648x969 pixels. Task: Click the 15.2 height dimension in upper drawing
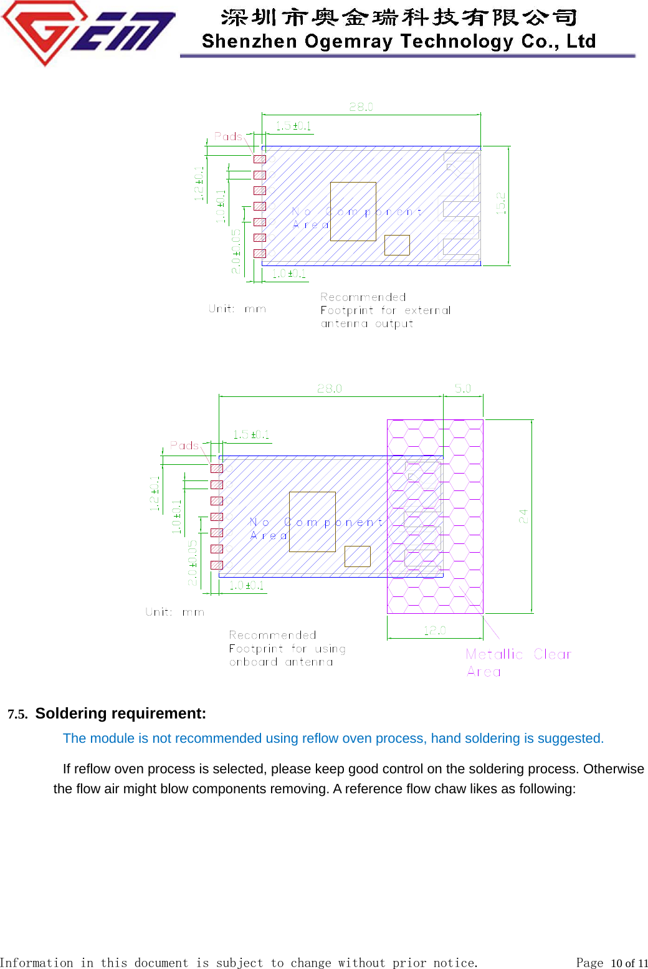(500, 203)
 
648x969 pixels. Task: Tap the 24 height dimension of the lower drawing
(523, 516)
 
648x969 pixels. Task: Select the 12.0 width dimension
(435, 631)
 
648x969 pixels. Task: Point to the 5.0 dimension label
(463, 388)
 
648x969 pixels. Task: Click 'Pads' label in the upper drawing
(228, 136)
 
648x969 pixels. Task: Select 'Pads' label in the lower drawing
(184, 446)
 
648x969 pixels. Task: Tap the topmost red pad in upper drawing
(260, 159)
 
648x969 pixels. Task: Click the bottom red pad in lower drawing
(216, 565)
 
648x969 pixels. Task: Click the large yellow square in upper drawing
(353, 211)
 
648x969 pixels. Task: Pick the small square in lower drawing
(358, 556)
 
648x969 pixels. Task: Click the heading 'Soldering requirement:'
(120, 714)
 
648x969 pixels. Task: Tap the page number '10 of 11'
(629, 963)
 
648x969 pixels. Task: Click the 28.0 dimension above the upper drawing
(361, 107)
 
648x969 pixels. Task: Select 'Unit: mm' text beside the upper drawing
(237, 308)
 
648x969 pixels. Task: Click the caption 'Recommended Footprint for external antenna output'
(385, 310)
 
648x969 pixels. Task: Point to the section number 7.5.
(17, 714)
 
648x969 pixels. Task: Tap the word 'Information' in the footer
(36, 963)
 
